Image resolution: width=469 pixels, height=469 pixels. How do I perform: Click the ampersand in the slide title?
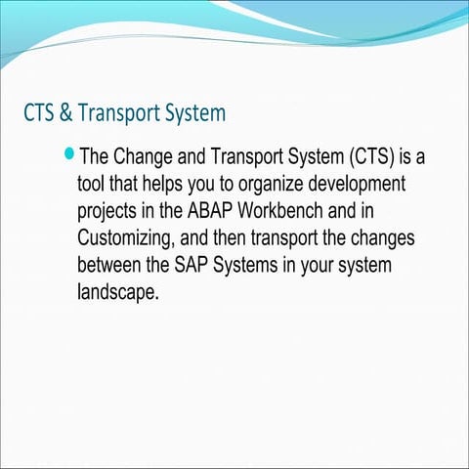[x=64, y=113]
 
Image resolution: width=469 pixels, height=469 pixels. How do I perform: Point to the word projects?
[x=111, y=212]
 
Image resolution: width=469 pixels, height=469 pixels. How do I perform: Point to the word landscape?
[x=117, y=293]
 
